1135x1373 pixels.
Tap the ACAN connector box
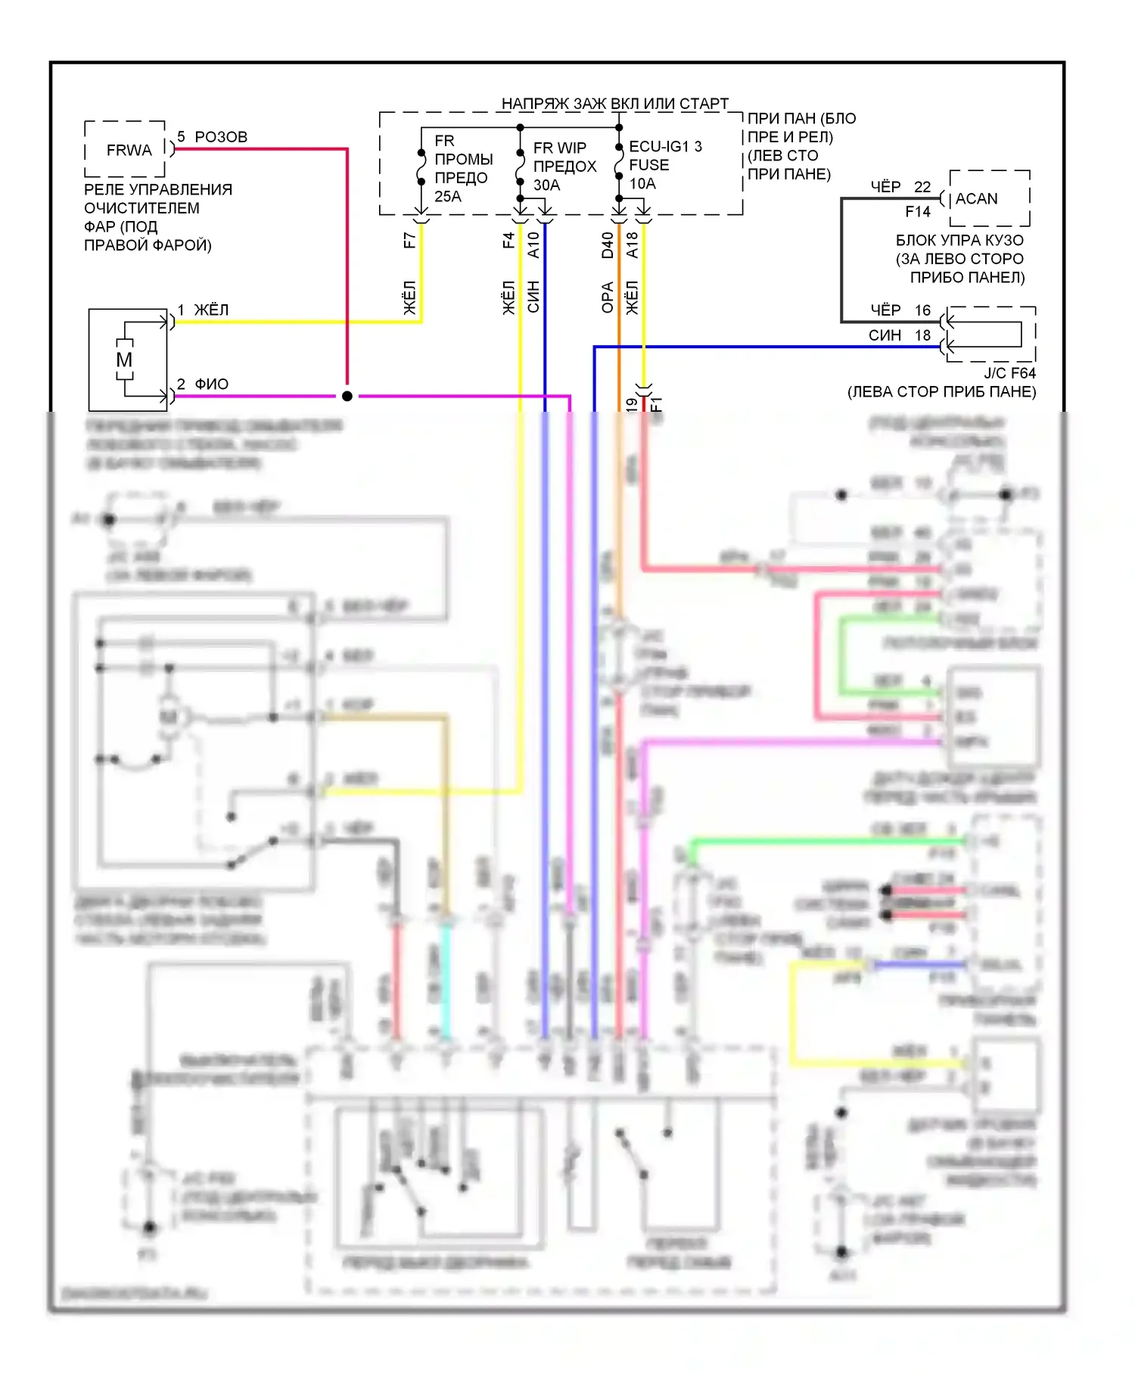pyautogui.click(x=989, y=198)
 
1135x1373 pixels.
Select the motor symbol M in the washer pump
pyautogui.click(x=124, y=360)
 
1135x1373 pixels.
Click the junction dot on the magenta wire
pyautogui.click(x=347, y=396)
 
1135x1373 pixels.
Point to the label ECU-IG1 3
pyautogui.click(x=665, y=146)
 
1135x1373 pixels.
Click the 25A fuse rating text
pyautogui.click(x=447, y=197)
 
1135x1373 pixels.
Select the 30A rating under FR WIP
pyautogui.click(x=546, y=185)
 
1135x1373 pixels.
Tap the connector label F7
pyautogui.click(x=409, y=241)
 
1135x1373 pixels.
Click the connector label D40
pyautogui.click(x=608, y=245)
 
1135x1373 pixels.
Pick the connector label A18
pyautogui.click(x=632, y=245)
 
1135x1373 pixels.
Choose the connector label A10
pyautogui.click(x=533, y=245)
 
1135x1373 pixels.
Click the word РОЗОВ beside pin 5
pyautogui.click(x=221, y=137)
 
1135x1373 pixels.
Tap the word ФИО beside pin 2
pyautogui.click(x=212, y=385)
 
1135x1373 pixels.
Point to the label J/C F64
pyautogui.click(x=1009, y=373)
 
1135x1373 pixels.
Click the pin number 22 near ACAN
pyautogui.click(x=922, y=187)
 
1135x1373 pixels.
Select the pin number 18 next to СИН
pyautogui.click(x=922, y=335)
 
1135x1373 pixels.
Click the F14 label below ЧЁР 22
pyautogui.click(x=918, y=212)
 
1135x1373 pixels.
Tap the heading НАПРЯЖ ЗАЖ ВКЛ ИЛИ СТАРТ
pyautogui.click(x=614, y=104)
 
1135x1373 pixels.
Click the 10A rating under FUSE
pyautogui.click(x=642, y=183)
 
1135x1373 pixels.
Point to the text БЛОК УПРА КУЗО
pyautogui.click(x=959, y=241)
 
